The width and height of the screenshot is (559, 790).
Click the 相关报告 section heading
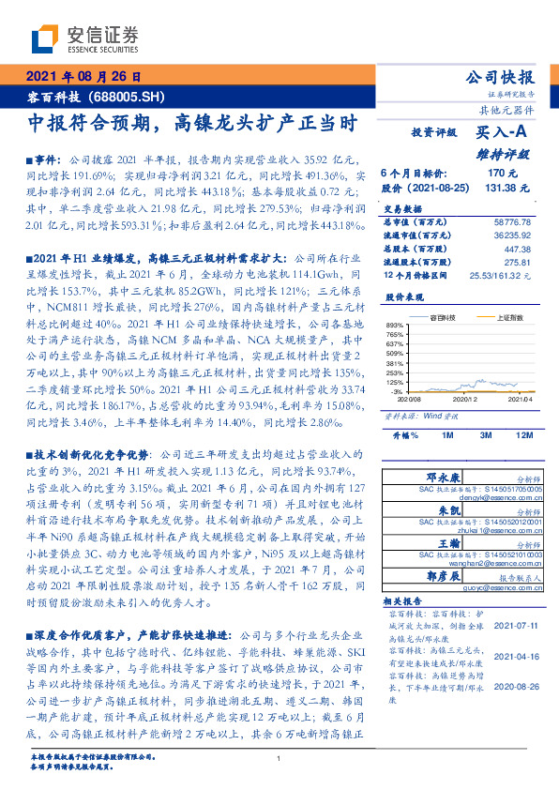pos(406,599)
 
